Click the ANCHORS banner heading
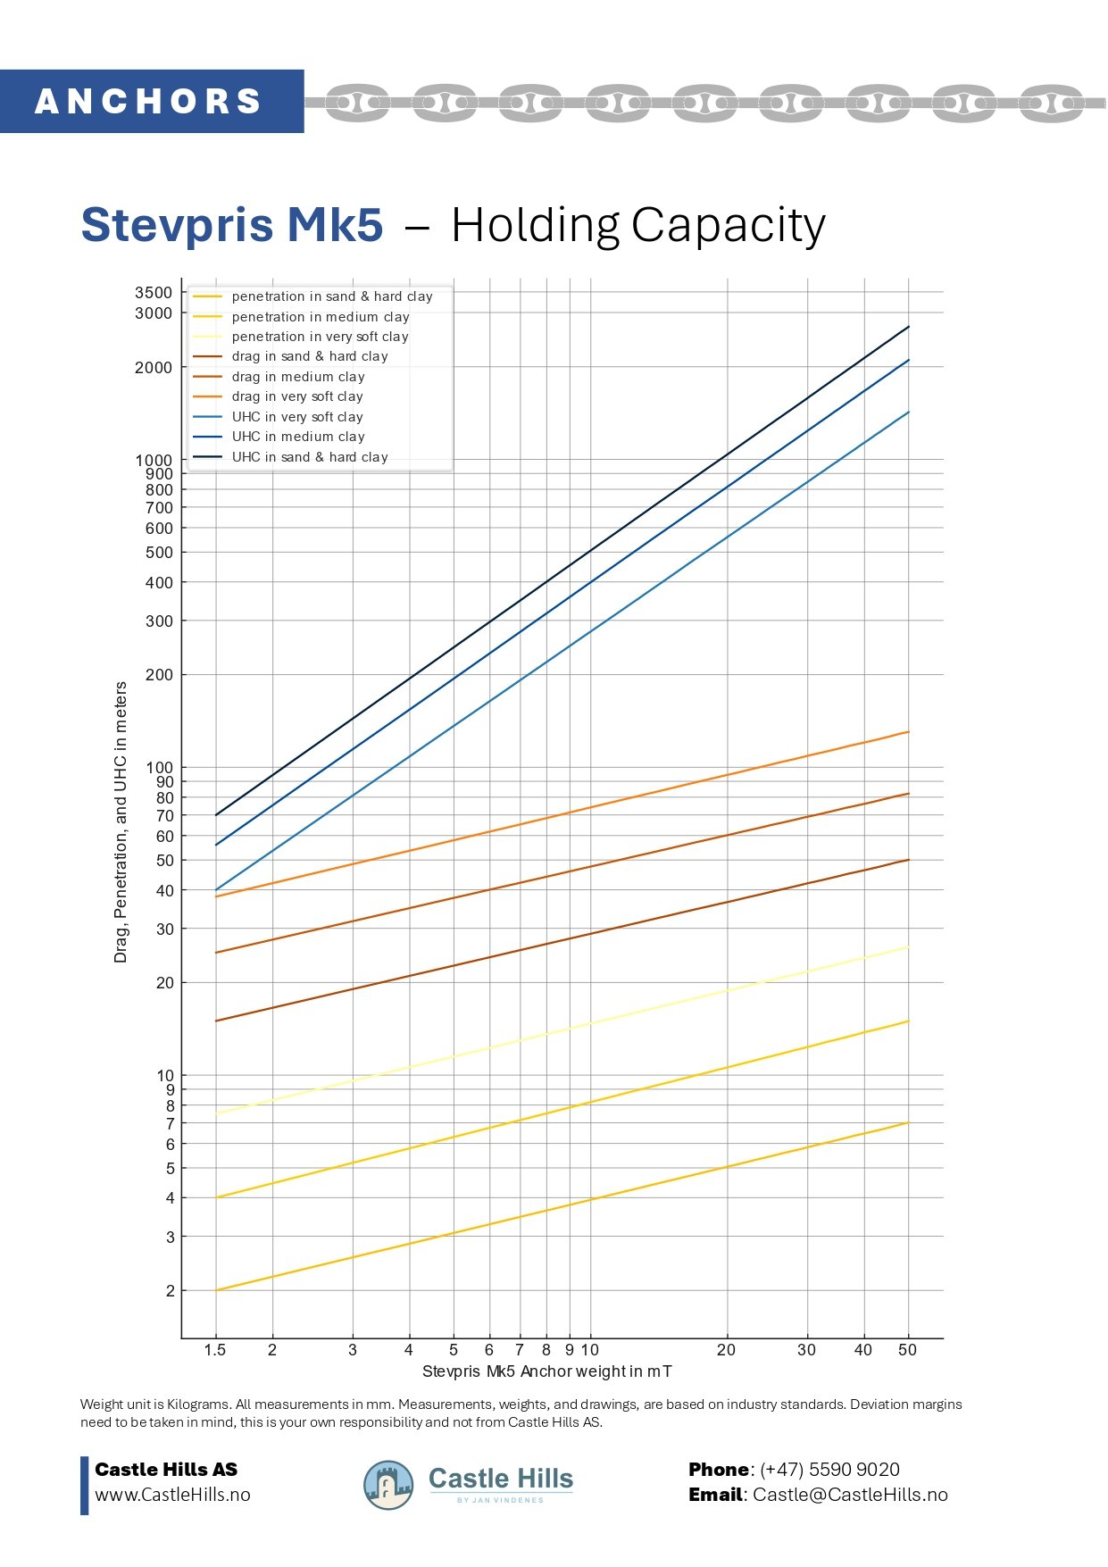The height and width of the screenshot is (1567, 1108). (148, 101)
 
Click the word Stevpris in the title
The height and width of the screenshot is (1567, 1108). (178, 224)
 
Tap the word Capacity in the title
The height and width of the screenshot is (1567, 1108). (728, 225)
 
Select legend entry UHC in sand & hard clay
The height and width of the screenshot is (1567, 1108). (309, 457)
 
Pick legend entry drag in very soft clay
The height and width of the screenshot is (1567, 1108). (296, 396)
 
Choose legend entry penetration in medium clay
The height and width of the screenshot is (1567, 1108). (320, 317)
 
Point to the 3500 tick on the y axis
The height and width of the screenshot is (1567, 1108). (154, 293)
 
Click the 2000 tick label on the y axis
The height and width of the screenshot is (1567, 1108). (154, 368)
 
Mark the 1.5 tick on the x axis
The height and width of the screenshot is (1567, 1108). (215, 1350)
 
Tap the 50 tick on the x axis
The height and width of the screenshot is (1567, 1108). (907, 1350)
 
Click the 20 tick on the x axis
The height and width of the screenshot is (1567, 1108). (726, 1350)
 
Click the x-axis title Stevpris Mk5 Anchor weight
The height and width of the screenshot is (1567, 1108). (546, 1371)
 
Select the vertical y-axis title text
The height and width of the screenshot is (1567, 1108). (121, 821)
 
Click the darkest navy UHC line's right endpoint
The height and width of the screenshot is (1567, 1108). (908, 327)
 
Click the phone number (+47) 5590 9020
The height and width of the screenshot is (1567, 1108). (829, 1470)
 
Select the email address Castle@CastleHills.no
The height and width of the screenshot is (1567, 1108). (850, 1495)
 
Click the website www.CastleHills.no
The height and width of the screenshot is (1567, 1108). (172, 1495)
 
